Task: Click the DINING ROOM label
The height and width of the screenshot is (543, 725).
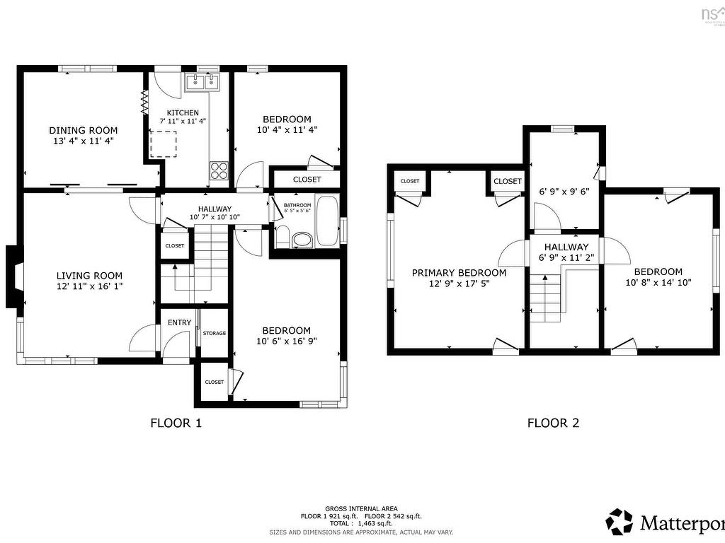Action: pyautogui.click(x=83, y=130)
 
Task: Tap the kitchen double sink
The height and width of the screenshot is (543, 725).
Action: pyautogui.click(x=202, y=83)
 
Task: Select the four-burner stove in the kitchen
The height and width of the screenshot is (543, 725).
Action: pyautogui.click(x=219, y=170)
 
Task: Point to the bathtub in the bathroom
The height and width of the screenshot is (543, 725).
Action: pyautogui.click(x=327, y=221)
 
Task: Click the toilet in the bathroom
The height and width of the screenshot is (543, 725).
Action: pyautogui.click(x=299, y=240)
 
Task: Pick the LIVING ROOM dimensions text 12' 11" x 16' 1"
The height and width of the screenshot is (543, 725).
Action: pyautogui.click(x=89, y=288)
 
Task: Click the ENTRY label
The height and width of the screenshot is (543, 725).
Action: pyautogui.click(x=179, y=322)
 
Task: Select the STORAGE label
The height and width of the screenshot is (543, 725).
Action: pyautogui.click(x=214, y=333)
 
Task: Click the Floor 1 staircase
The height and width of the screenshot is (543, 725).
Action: pyautogui.click(x=195, y=269)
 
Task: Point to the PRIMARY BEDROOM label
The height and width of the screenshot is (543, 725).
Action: pyautogui.click(x=459, y=273)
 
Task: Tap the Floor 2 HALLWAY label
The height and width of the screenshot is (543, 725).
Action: pyautogui.click(x=566, y=247)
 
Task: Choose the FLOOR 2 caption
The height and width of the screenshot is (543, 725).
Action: pyautogui.click(x=553, y=424)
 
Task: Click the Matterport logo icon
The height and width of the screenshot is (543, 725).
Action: pyautogui.click(x=620, y=522)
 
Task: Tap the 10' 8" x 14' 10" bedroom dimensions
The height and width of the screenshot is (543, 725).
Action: pyautogui.click(x=658, y=282)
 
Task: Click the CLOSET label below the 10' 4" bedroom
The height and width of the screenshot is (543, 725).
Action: pyautogui.click(x=307, y=180)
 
